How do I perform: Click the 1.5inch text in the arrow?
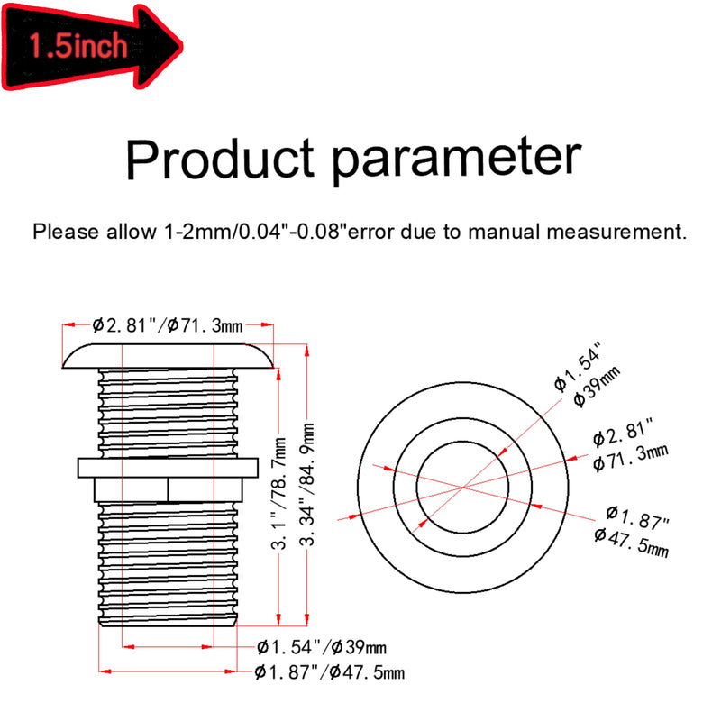(78, 46)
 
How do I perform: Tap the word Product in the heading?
(220, 158)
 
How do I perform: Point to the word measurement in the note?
(616, 232)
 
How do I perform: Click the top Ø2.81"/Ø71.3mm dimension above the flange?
(168, 325)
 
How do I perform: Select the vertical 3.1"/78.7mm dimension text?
(279, 494)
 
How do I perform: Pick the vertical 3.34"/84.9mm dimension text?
(307, 485)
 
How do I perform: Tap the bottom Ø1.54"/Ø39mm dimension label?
(322, 647)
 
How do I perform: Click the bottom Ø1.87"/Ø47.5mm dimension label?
(330, 672)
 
